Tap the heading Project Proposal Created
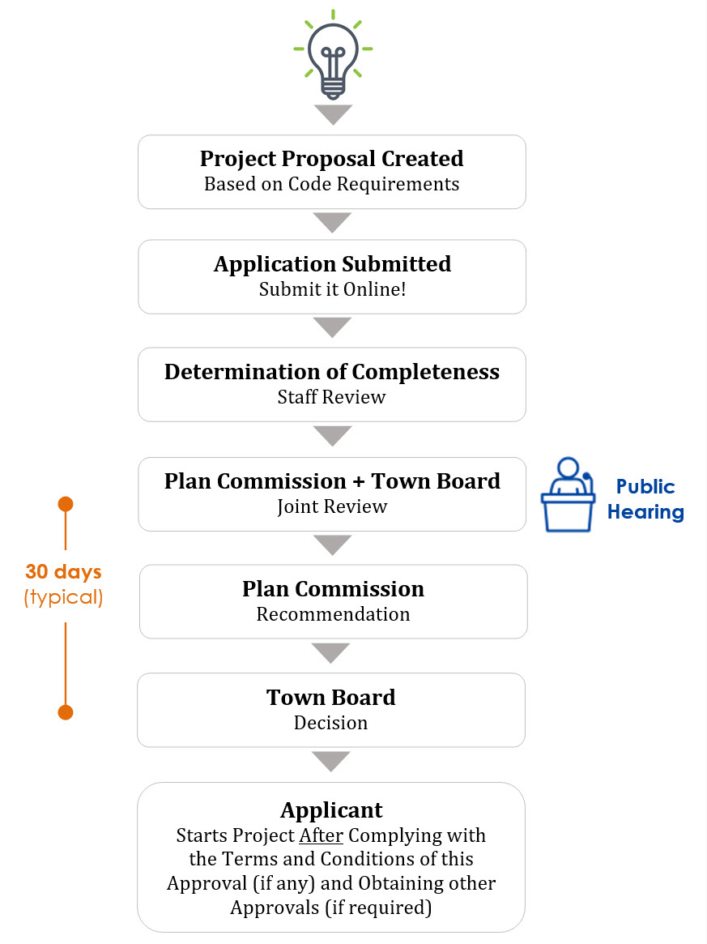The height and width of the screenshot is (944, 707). coord(331,159)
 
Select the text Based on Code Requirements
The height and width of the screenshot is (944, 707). coord(331,184)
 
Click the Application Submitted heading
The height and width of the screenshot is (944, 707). coord(332,264)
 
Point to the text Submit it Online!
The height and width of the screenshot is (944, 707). coord(332,289)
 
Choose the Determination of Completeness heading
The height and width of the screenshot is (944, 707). coord(331,372)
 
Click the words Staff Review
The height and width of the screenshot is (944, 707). coord(331,397)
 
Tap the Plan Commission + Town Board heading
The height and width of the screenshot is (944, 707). coord(332,481)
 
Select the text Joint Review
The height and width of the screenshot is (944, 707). coord(332,507)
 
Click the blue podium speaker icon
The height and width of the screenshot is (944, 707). coord(568,494)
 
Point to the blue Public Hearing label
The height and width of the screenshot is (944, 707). coord(645,499)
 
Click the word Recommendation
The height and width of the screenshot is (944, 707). coord(333,615)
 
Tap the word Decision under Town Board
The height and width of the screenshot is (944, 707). coord(330,723)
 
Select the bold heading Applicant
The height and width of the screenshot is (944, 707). coord(331,810)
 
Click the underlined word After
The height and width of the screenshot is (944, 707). coord(322,835)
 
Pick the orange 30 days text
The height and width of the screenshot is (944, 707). coord(63,572)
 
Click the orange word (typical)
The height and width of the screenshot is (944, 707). coord(63,597)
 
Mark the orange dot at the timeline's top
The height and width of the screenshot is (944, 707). coord(66,504)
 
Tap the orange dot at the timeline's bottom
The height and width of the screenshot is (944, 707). coord(66,713)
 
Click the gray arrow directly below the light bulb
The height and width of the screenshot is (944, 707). coord(333,113)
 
